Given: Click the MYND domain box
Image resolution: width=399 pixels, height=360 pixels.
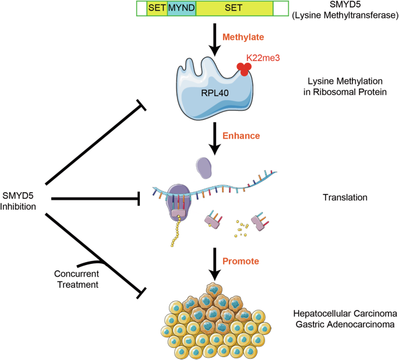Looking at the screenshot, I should point(181,8).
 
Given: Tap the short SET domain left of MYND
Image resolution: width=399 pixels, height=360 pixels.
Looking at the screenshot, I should point(157,8).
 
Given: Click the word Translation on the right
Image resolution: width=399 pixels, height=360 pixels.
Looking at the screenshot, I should point(345,197).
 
